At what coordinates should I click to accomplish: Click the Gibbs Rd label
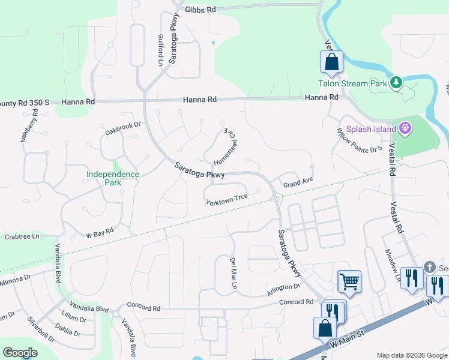pyautogui.click(x=200, y=10)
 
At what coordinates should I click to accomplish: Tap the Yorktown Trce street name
pyautogui.click(x=227, y=201)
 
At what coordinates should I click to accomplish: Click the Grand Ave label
pyautogui.click(x=299, y=182)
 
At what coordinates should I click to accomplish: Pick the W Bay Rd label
pyautogui.click(x=100, y=232)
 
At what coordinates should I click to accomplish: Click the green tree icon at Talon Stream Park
pyautogui.click(x=396, y=83)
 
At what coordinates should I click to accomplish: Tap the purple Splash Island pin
pyautogui.click(x=405, y=128)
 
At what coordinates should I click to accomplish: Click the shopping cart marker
pyautogui.click(x=349, y=281)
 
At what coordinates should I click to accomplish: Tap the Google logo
pyautogui.click(x=20, y=353)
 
